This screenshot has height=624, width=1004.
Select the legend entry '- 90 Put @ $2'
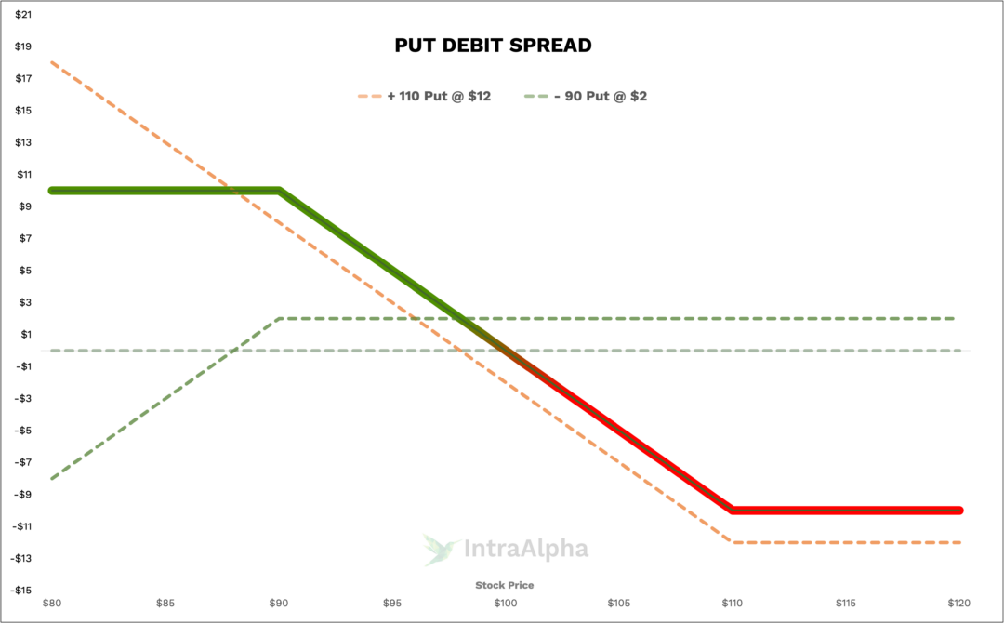pyautogui.click(x=601, y=96)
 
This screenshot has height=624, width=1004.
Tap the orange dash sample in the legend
pyautogui.click(x=369, y=96)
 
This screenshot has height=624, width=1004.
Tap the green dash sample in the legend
pyautogui.click(x=535, y=96)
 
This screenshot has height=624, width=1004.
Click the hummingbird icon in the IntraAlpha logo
pyautogui.click(x=440, y=549)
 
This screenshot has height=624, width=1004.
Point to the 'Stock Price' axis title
pyautogui.click(x=505, y=585)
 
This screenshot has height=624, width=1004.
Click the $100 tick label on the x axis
pyautogui.click(x=505, y=603)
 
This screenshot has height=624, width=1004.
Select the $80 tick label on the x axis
pyautogui.click(x=52, y=603)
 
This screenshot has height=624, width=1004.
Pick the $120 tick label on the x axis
pyautogui.click(x=958, y=603)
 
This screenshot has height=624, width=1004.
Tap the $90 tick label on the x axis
pyautogui.click(x=279, y=603)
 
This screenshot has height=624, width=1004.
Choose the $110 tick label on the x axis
pyautogui.click(x=732, y=603)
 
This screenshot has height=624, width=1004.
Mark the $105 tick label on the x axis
pyautogui.click(x=618, y=603)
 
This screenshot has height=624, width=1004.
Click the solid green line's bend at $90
pyautogui.click(x=279, y=191)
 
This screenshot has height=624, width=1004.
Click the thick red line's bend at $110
pyautogui.click(x=733, y=510)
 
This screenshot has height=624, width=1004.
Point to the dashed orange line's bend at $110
pyautogui.click(x=733, y=541)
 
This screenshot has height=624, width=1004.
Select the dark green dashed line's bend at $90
pyautogui.click(x=279, y=319)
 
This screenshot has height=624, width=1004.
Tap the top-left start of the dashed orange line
pyautogui.click(x=52, y=62)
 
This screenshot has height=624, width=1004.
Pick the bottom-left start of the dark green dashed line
pyautogui.click(x=52, y=478)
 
